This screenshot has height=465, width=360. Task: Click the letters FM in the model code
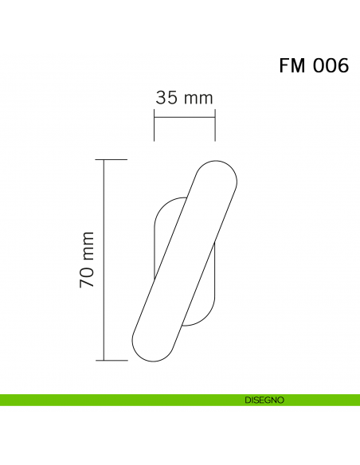tap(292, 66)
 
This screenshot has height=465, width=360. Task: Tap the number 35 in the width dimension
tap(166, 98)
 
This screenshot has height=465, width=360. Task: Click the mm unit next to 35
tap(198, 98)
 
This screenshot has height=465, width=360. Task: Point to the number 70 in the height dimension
tap(88, 274)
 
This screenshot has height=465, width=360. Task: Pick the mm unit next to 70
tap(88, 244)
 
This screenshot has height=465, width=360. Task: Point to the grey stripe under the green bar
tap(180, 407)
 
